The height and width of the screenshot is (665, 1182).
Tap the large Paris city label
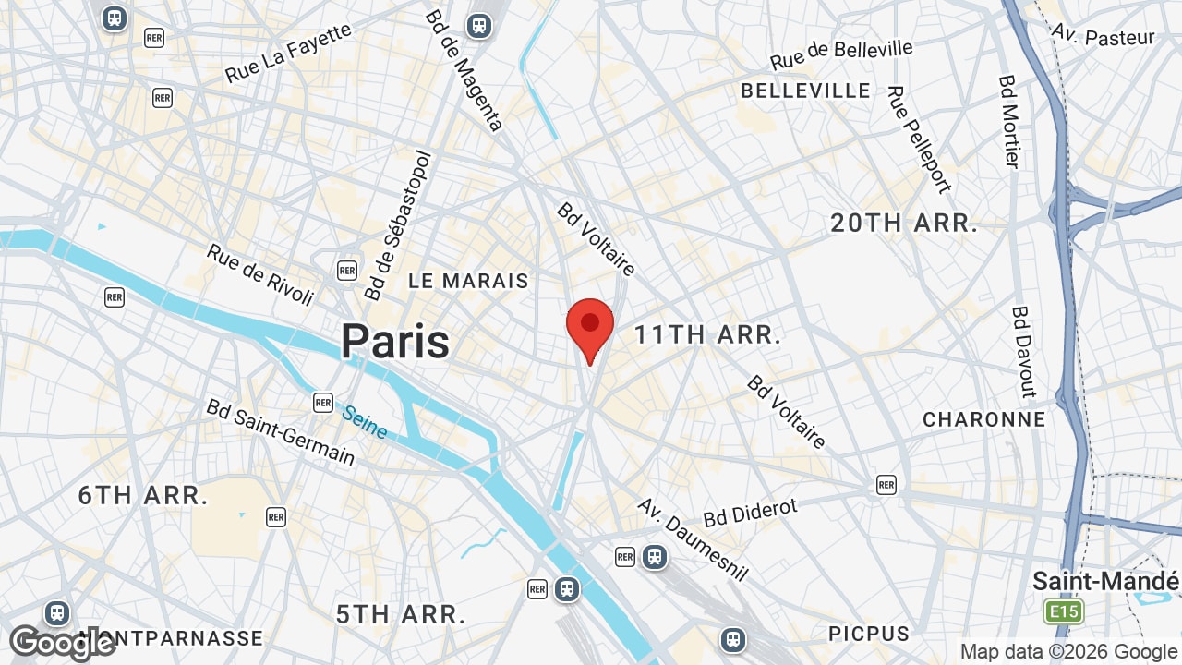tap(395, 342)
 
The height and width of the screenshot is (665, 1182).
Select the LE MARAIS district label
tap(469, 281)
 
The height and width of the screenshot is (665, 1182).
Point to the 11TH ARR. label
tap(708, 335)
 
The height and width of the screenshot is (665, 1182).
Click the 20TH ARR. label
tap(904, 223)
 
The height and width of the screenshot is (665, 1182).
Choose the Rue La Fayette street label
tap(288, 53)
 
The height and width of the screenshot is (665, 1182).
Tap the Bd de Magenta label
tap(464, 71)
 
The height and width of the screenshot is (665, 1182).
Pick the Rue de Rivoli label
tap(260, 274)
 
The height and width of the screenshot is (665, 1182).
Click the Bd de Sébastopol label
tap(398, 226)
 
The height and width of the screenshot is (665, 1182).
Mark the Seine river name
tap(365, 422)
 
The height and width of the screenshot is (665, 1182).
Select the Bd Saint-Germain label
tap(280, 432)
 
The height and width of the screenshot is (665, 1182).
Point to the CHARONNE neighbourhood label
tap(984, 419)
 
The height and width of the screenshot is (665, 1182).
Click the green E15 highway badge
tap(1063, 611)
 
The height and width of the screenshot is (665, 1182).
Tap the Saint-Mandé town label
tap(1105, 582)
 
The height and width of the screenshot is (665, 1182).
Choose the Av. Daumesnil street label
tap(693, 540)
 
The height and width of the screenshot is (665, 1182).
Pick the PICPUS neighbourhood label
tap(869, 634)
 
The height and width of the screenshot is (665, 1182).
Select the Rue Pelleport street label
tap(919, 139)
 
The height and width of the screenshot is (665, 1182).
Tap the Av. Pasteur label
tap(1104, 35)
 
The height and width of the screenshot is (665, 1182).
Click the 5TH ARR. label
tap(401, 614)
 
